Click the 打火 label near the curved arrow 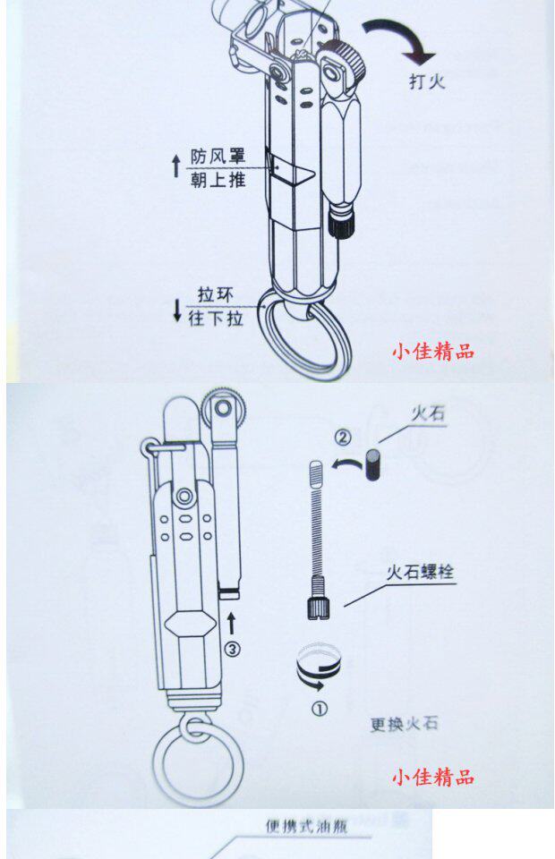[426, 83]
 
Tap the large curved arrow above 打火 [397, 38]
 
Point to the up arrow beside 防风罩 [175, 166]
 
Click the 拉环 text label [219, 295]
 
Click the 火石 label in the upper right [428, 414]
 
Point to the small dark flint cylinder [375, 469]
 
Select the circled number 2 [343, 438]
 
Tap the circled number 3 [232, 650]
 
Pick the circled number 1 [320, 710]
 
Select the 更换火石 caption [404, 723]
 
